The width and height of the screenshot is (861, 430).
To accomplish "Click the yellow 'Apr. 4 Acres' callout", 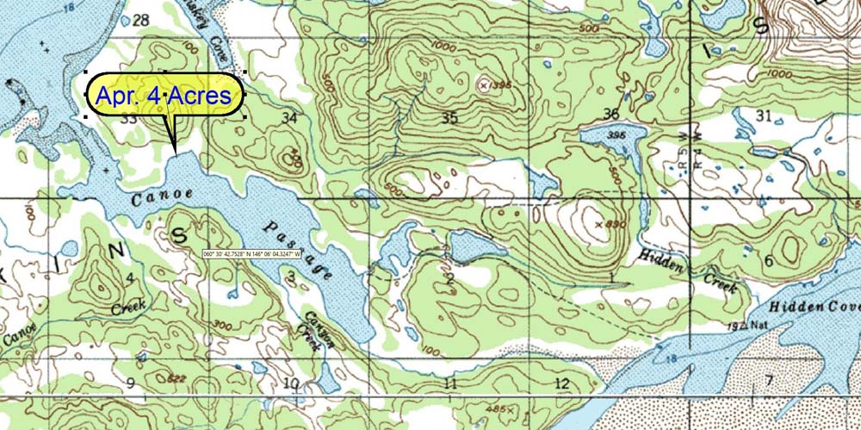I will pos(164,96).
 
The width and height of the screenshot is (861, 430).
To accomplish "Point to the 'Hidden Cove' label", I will pos(814,308).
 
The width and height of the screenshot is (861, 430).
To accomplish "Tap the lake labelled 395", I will pos(613,138).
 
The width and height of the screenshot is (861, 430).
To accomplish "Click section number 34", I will pos(290,117).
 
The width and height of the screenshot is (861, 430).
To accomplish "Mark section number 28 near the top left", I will pos(141,20).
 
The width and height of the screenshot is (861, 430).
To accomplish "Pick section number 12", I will pos(562,383).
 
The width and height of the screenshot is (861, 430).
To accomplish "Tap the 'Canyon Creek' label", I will pos(309,328).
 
